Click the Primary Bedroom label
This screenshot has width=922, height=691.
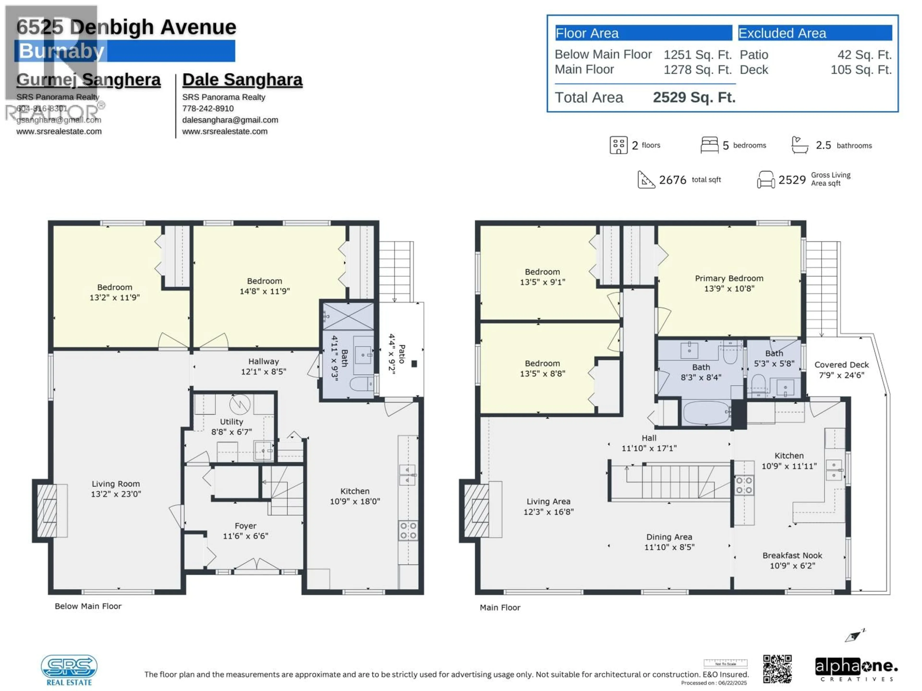click(x=729, y=278)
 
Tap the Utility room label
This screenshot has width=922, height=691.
click(x=231, y=422)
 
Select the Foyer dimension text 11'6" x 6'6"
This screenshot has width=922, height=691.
click(x=245, y=536)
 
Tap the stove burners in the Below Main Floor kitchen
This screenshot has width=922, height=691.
click(x=408, y=531)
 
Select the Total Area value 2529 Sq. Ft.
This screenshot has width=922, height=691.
click(x=694, y=97)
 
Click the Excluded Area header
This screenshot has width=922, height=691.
click(x=782, y=33)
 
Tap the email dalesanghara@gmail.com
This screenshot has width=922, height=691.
click(x=230, y=120)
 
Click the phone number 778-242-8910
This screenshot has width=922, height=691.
click(x=208, y=108)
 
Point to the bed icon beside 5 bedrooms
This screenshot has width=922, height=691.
click(x=709, y=145)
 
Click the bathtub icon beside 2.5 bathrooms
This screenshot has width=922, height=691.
click(x=800, y=145)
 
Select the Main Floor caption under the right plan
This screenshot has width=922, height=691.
click(x=500, y=607)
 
